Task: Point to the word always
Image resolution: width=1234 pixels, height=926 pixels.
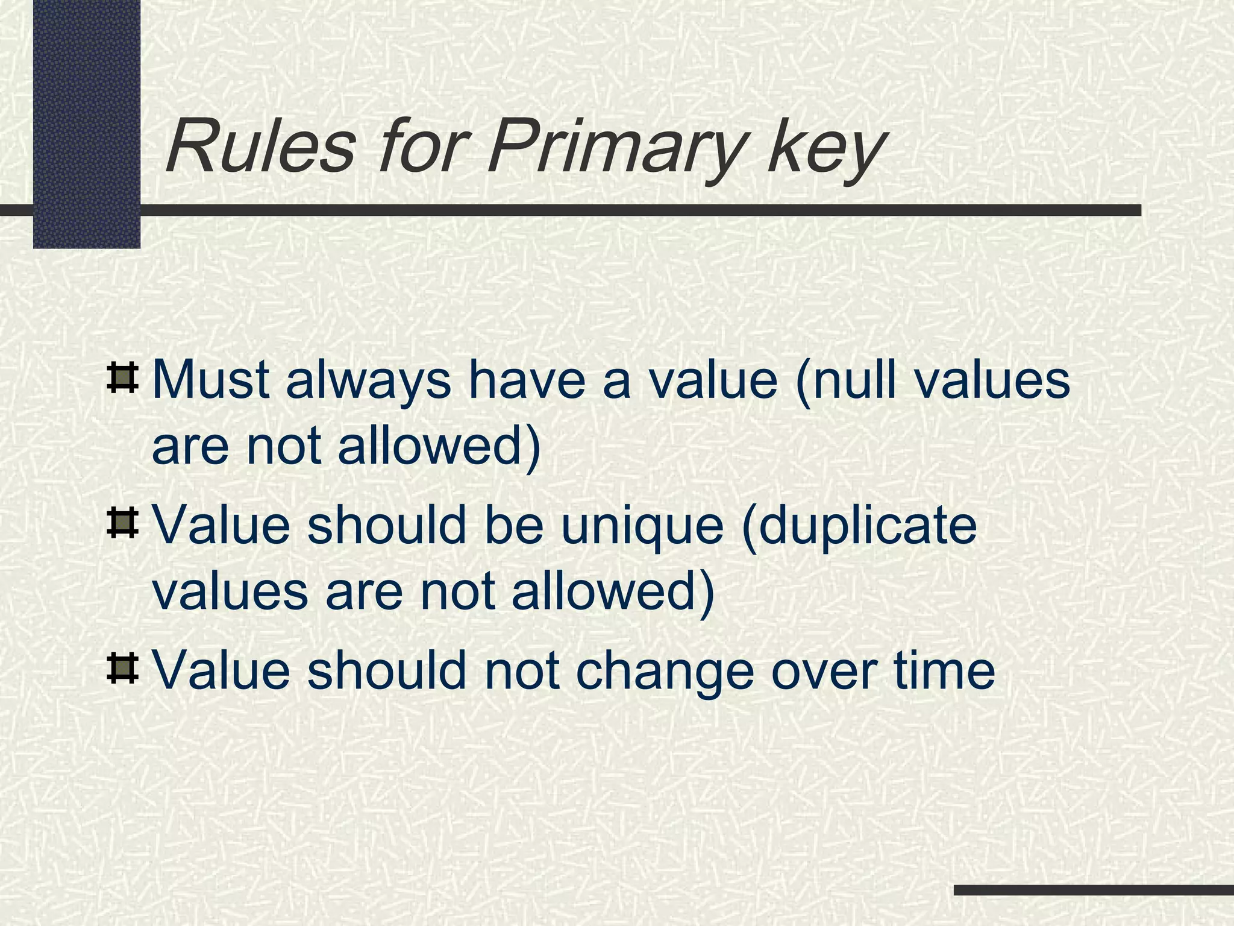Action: [368, 383]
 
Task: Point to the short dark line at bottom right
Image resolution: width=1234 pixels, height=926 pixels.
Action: [1093, 890]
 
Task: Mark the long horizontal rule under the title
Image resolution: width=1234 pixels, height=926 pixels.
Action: [639, 210]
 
